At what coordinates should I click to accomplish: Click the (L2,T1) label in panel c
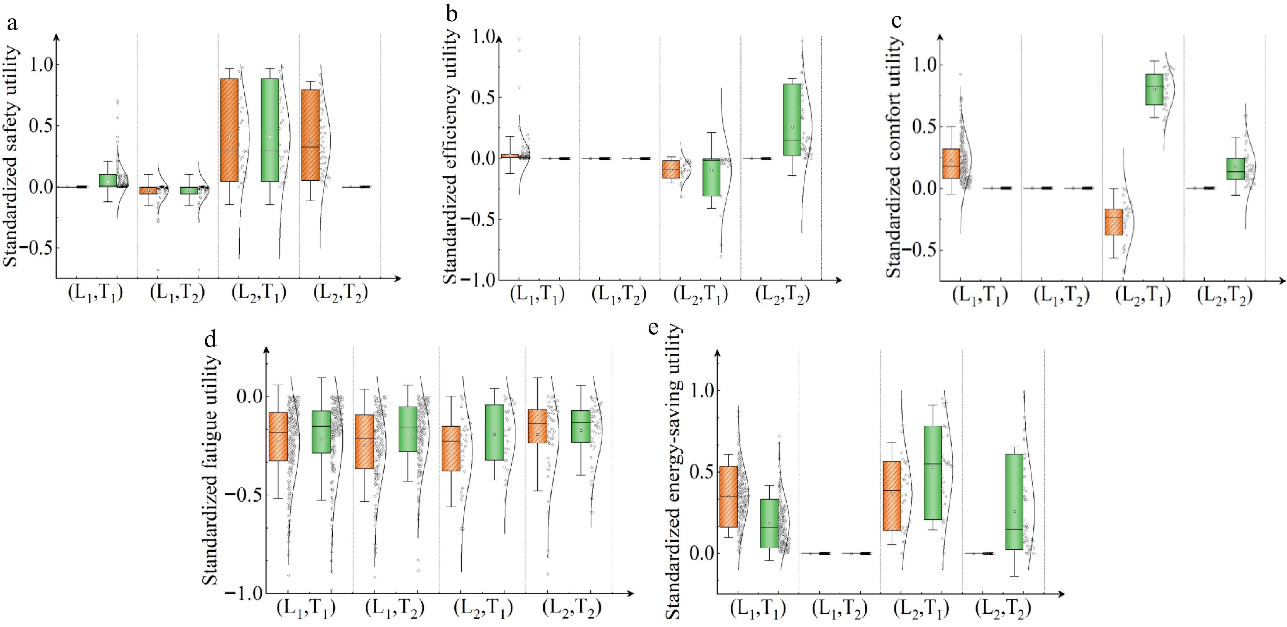1143,296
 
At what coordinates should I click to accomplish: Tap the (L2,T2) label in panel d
571,608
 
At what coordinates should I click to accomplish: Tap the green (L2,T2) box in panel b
792,120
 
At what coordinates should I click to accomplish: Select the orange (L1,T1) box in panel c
951,163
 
